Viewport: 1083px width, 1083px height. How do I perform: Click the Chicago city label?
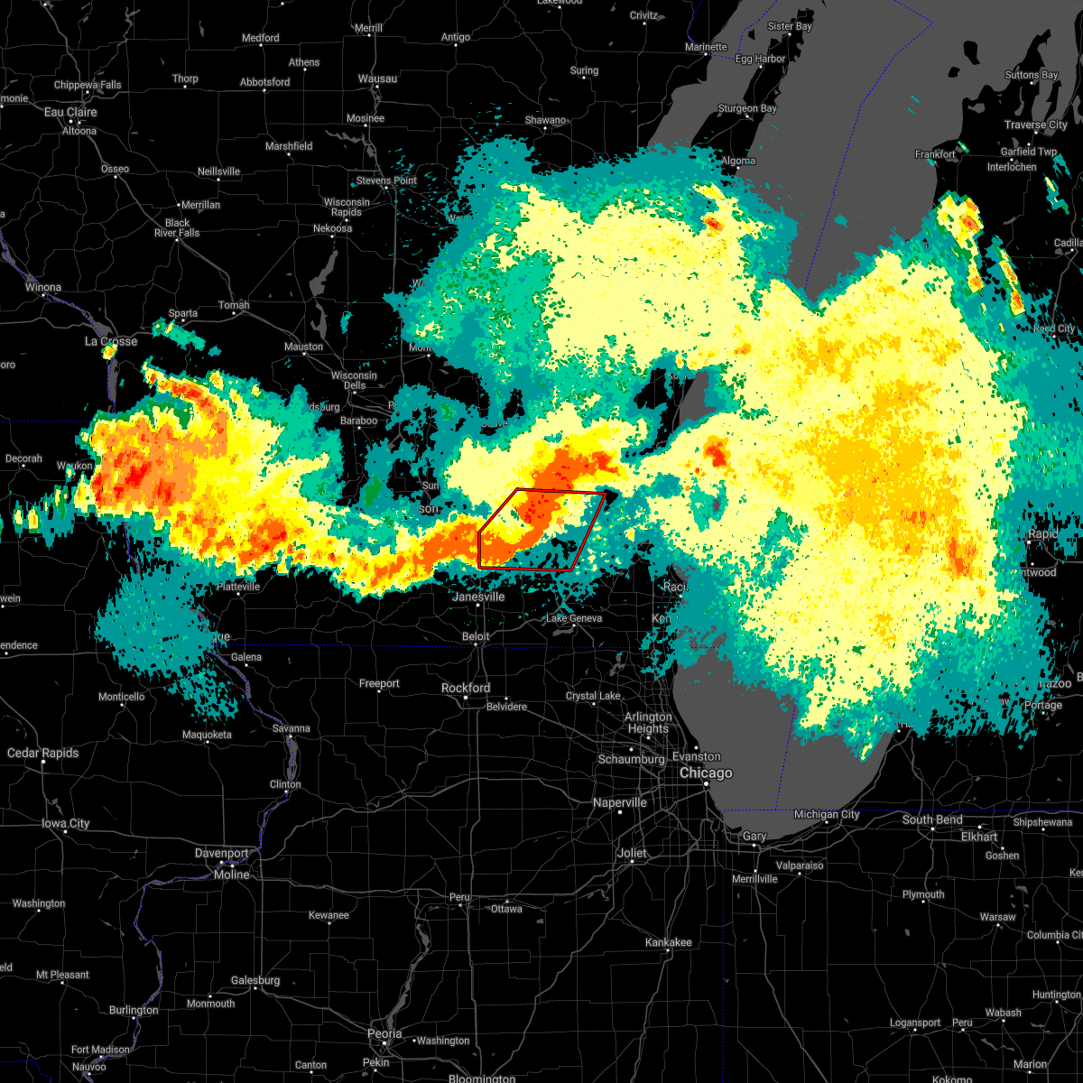[x=706, y=773]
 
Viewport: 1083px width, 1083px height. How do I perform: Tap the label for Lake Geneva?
[x=574, y=618]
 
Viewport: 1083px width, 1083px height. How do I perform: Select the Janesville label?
[x=478, y=597]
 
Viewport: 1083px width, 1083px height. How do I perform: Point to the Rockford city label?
[x=466, y=688]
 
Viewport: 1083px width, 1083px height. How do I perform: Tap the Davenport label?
[x=222, y=853]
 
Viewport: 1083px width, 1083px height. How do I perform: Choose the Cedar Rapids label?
[x=42, y=753]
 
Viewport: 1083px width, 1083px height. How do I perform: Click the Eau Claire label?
[x=70, y=112]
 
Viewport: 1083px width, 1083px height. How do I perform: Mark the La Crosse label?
[x=111, y=341]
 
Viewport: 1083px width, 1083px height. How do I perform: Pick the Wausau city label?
[x=377, y=79]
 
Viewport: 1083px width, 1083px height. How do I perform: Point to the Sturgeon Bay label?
[x=747, y=108]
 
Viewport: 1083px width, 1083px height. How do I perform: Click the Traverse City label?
[x=1036, y=125]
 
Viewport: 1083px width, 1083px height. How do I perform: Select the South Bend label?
[x=932, y=819]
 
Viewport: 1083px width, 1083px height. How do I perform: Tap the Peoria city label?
[x=384, y=1033]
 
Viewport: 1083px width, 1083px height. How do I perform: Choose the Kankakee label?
[x=669, y=942]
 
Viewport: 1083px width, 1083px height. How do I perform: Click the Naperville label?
[x=620, y=802]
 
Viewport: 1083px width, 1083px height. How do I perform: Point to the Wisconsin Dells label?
[x=355, y=380]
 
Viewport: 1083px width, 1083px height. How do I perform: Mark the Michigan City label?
[x=827, y=814]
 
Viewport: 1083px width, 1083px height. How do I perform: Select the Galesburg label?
[x=256, y=980]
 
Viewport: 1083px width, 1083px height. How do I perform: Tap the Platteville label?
[x=238, y=587]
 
